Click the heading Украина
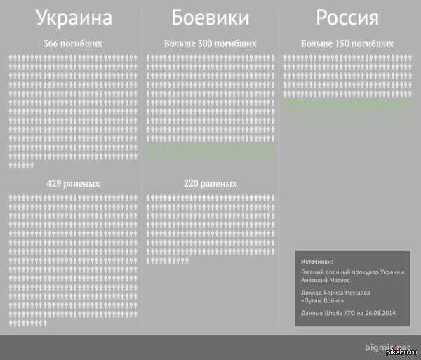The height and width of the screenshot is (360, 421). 74,18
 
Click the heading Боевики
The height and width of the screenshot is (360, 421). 210,18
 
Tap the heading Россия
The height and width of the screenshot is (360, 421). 347,18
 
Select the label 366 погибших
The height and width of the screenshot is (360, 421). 73,44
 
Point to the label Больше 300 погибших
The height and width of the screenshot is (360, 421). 210,44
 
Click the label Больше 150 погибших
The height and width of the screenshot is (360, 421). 347,44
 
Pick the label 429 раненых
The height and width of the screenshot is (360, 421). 73,183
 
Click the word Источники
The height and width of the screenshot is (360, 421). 317,261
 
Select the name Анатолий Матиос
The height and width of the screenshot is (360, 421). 330,279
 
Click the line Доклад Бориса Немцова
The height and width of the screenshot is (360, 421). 335,292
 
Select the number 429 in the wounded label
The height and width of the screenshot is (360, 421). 55,183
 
